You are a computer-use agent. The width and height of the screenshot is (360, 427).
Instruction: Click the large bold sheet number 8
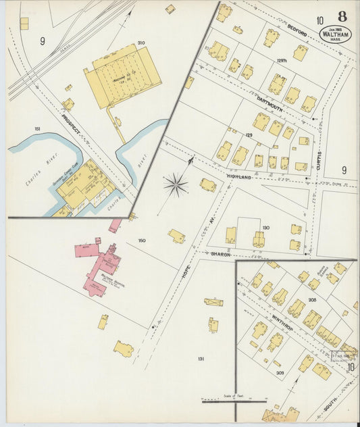pos(343,16)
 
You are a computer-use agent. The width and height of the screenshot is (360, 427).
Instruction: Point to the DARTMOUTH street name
pos(270,106)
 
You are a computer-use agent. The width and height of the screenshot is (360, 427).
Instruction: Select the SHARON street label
pos(220,255)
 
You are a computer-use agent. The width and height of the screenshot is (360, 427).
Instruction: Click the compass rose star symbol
pos(176,183)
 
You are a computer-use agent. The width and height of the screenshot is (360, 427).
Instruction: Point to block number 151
pos(38,128)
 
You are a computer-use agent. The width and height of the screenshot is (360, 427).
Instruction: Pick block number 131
pos(201,358)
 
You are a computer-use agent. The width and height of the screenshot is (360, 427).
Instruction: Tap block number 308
pos(313,299)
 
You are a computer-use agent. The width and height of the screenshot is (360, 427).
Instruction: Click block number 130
pos(265,228)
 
